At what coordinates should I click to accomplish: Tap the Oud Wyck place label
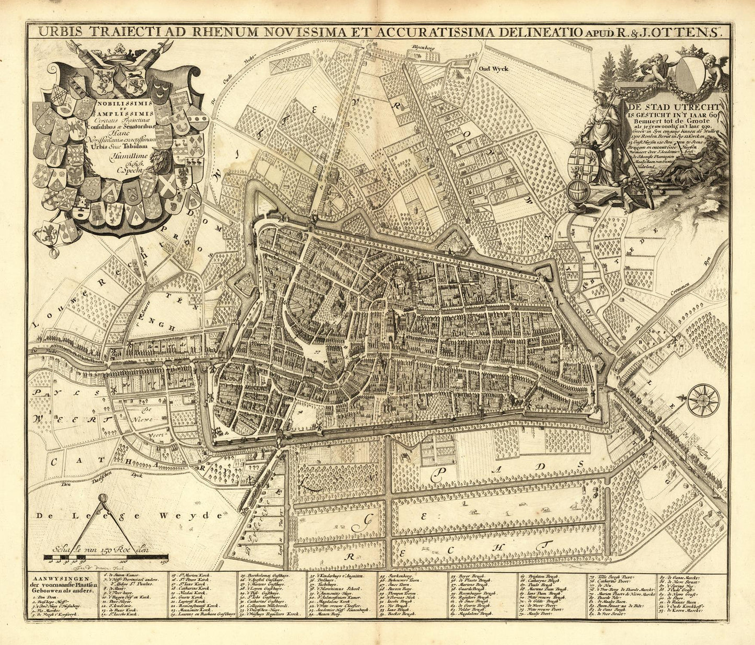[493, 68]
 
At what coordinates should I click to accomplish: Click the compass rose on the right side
[703, 400]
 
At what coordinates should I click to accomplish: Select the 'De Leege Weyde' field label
[122, 516]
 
